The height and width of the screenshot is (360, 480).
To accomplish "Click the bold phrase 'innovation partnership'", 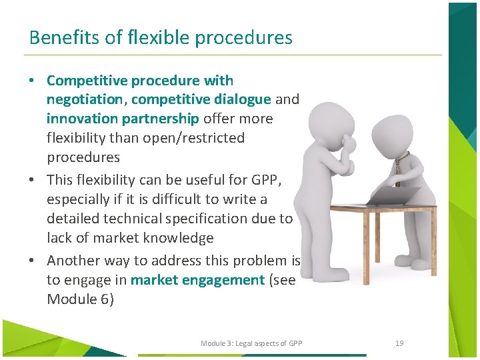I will (x=123, y=119).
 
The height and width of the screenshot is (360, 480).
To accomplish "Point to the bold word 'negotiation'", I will (x=85, y=99).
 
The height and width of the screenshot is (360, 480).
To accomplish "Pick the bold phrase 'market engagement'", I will (x=197, y=280).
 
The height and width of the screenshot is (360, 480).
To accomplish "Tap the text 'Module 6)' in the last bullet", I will (x=80, y=299).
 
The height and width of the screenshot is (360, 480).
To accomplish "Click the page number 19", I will (x=399, y=343).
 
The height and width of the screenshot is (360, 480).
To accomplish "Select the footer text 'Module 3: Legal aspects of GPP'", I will (x=251, y=343).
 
